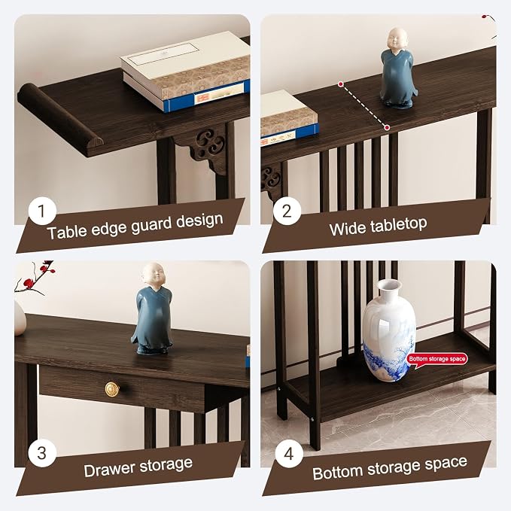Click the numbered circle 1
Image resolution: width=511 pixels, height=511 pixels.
pyautogui.click(x=42, y=211)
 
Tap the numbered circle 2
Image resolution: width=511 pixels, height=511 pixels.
pyautogui.click(x=287, y=211)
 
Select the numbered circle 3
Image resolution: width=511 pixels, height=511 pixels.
pyautogui.click(x=42, y=453)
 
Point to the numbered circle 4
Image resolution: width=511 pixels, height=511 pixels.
pyautogui.click(x=289, y=453)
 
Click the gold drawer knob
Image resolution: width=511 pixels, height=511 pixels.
pyautogui.click(x=112, y=389)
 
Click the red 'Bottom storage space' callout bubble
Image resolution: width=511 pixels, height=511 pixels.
pyautogui.click(x=436, y=360)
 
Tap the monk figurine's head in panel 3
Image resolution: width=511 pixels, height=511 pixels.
pyautogui.click(x=153, y=275)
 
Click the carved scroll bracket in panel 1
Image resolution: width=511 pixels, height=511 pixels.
pyautogui.click(x=207, y=148)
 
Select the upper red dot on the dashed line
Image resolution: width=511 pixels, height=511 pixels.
pyautogui.click(x=341, y=84)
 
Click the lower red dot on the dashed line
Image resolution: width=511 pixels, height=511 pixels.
pyautogui.click(x=387, y=127)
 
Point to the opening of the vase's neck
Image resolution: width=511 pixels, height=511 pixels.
pyautogui.click(x=388, y=284)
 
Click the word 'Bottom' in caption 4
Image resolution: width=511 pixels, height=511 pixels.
pyautogui.click(x=337, y=473)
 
